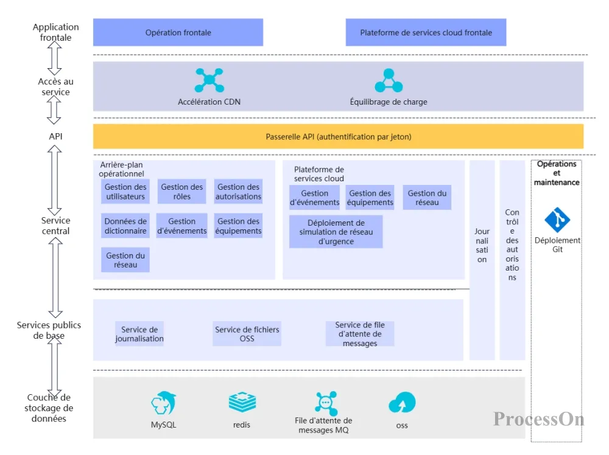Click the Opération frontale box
(x=178, y=32)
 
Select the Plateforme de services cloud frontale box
(x=426, y=32)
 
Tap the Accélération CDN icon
(x=209, y=80)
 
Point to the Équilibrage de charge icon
(x=389, y=80)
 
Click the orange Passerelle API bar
(x=338, y=137)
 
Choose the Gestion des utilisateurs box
(x=125, y=192)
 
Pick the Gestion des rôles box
(x=182, y=192)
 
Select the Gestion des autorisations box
(x=239, y=192)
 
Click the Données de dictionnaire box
(x=125, y=226)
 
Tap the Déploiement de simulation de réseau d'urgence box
(x=336, y=232)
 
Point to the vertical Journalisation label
(x=482, y=245)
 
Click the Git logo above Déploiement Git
(x=557, y=220)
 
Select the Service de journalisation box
(x=139, y=334)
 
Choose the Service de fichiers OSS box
(x=247, y=334)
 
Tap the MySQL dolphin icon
(x=163, y=403)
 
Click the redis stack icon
(x=242, y=403)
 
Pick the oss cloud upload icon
(x=402, y=403)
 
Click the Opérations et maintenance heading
(x=557, y=173)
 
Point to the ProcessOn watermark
(x=538, y=419)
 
